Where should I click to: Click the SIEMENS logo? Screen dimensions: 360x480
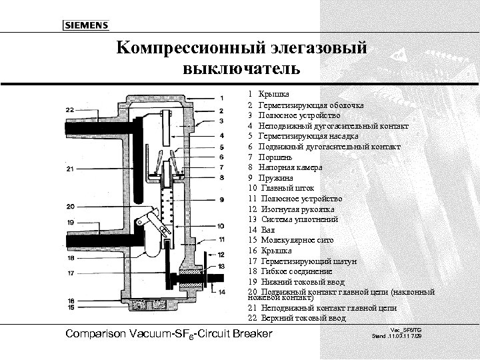click(x=85, y=25)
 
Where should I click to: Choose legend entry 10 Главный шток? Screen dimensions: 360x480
click(x=280, y=188)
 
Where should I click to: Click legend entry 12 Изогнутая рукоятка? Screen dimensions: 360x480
click(x=286, y=209)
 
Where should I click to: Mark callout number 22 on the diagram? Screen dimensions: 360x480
click(x=70, y=109)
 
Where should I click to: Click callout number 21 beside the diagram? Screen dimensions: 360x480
click(x=70, y=169)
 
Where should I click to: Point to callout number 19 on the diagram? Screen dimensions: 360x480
click(x=70, y=221)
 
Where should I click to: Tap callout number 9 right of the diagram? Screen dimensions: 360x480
click(x=221, y=200)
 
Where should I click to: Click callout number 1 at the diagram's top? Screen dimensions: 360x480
click(x=221, y=97)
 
